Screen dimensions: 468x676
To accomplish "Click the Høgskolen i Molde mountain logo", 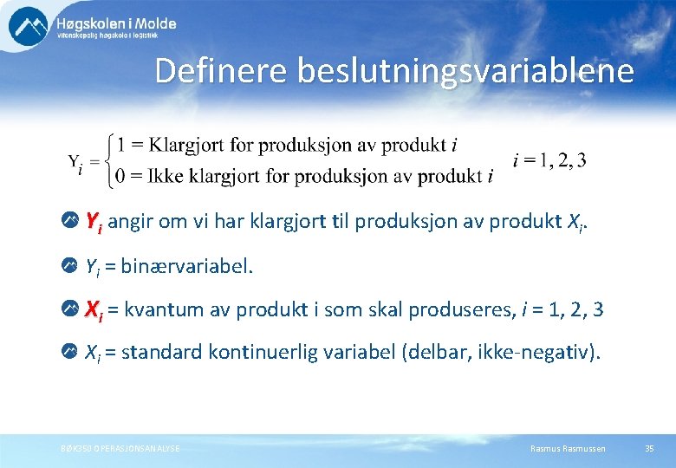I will pyautogui.click(x=28, y=26).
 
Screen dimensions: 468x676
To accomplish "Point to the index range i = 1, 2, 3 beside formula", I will pyautogui.click(x=549, y=160).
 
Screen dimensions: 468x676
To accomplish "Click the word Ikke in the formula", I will pyautogui.click(x=165, y=177).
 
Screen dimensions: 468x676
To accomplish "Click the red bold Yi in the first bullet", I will pyautogui.click(x=94, y=224).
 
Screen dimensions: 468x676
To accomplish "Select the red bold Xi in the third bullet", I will pyautogui.click(x=94, y=309).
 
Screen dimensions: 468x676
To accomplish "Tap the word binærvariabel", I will pyautogui.click(x=187, y=266).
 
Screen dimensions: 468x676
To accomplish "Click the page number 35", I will pyautogui.click(x=649, y=448).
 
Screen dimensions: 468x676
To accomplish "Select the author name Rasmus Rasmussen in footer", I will pyautogui.click(x=568, y=448).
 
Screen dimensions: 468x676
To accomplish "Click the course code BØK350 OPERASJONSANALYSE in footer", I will pyautogui.click(x=114, y=448).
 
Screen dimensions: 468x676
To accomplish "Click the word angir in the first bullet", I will pyautogui.click(x=130, y=224).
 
